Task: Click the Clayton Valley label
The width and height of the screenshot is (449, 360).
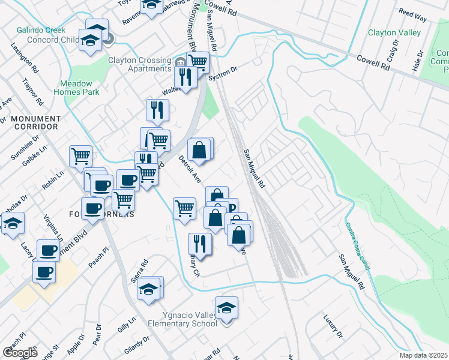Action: pyautogui.click(x=394, y=32)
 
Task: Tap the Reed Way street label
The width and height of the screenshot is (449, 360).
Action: pyautogui.click(x=413, y=16)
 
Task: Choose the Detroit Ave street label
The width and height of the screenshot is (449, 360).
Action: pyautogui.click(x=189, y=169)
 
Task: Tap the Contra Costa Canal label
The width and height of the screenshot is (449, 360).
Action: pyautogui.click(x=358, y=246)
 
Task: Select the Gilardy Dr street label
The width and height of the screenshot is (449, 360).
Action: pyautogui.click(x=138, y=346)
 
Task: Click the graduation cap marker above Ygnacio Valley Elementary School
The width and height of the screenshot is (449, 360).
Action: pyautogui.click(x=226, y=309)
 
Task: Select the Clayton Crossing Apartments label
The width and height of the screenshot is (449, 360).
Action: pyautogui.click(x=140, y=64)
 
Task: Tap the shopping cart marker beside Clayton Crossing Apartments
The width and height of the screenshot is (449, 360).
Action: pyautogui.click(x=197, y=61)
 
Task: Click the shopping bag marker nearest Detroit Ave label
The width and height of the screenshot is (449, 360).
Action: pyautogui.click(x=200, y=149)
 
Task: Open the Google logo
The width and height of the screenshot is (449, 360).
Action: pyautogui.click(x=20, y=353)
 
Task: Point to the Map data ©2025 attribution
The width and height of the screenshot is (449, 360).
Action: pyautogui.click(x=423, y=355)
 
